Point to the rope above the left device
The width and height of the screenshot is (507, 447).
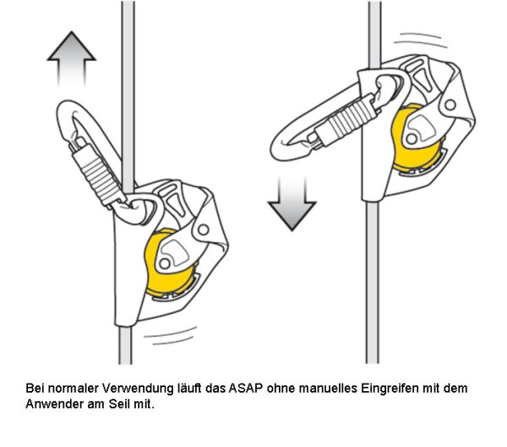128,85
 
